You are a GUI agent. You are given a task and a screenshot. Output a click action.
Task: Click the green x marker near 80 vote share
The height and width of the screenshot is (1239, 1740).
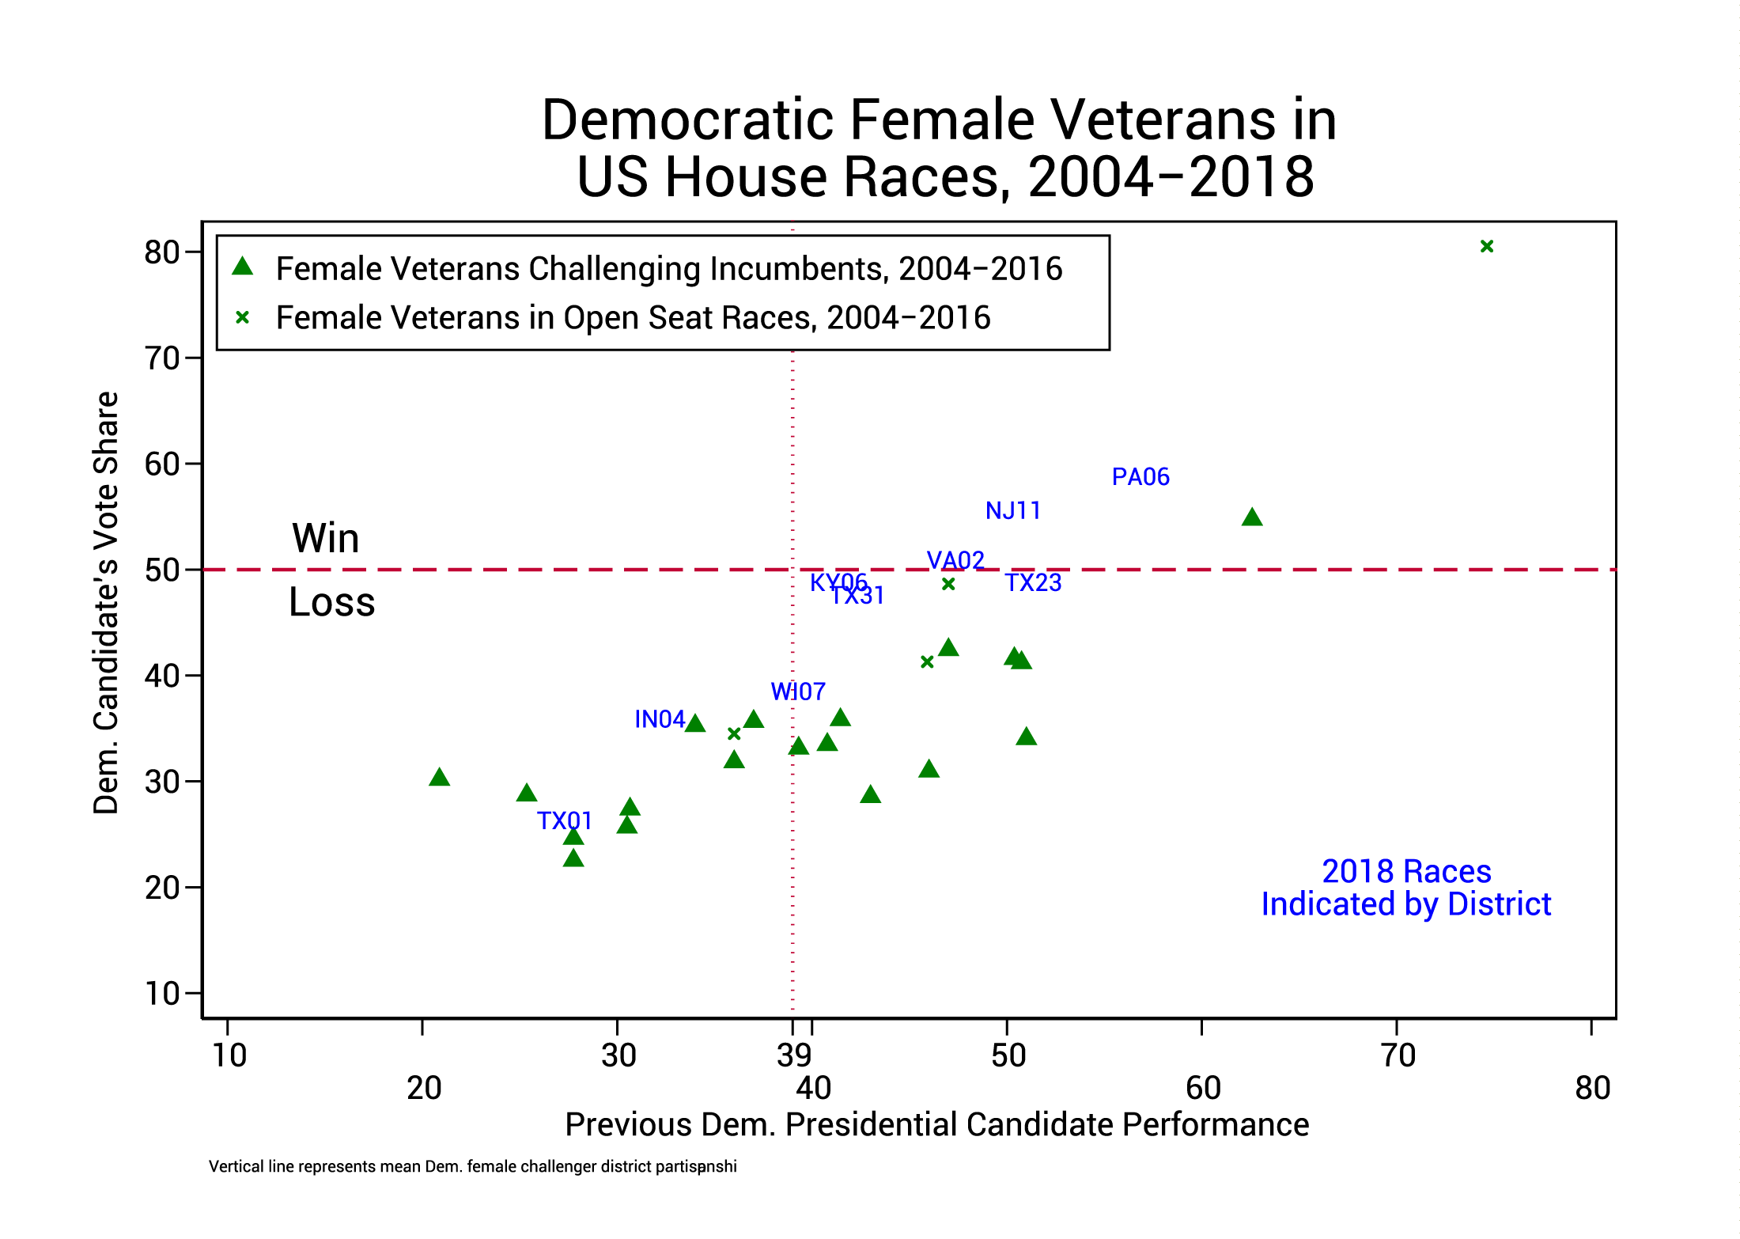(x=1486, y=247)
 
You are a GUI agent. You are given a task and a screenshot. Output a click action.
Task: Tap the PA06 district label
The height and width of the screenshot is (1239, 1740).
(x=1140, y=477)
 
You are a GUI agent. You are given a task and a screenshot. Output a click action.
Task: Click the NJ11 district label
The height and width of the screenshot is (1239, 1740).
(x=1012, y=511)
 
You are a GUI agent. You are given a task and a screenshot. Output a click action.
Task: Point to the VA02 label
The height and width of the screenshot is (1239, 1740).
(x=955, y=561)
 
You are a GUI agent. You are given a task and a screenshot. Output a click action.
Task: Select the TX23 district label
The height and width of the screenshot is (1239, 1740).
(x=1033, y=583)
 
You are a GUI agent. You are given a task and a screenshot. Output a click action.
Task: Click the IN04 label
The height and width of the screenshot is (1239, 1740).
(x=660, y=719)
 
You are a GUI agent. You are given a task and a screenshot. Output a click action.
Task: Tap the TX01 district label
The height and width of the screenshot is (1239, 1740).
(x=564, y=821)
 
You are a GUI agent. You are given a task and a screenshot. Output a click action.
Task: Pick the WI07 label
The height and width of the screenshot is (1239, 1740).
(x=797, y=692)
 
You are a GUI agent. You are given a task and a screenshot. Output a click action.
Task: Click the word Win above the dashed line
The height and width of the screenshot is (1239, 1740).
(x=325, y=539)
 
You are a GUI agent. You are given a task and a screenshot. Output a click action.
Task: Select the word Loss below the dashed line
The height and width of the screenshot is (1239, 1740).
(x=331, y=603)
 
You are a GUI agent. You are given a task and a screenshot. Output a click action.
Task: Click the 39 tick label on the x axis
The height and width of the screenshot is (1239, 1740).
(x=793, y=1055)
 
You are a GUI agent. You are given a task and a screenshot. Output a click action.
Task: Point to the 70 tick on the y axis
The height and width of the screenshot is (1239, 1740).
(x=162, y=358)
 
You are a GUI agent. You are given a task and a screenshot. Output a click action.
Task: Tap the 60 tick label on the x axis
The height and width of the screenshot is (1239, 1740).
(x=1203, y=1089)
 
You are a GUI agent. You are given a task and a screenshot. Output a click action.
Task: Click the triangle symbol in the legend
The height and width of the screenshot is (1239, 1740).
(x=242, y=267)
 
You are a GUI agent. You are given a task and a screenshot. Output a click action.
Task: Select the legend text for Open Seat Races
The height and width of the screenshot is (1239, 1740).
(x=633, y=318)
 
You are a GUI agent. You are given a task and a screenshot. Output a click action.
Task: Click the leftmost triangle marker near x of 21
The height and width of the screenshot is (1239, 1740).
(x=439, y=778)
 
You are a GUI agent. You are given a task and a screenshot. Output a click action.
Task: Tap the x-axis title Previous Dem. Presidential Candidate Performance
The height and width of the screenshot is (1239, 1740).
(x=936, y=1124)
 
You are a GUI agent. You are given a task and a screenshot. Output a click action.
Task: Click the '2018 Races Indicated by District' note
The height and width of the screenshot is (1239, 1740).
(x=1405, y=888)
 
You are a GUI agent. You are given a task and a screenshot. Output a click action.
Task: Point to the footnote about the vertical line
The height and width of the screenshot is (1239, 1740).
(x=472, y=1167)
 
